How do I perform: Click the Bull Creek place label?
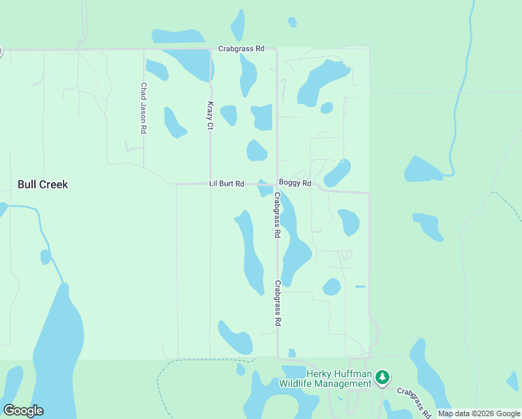point(43,184)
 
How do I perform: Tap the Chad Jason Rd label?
point(143,108)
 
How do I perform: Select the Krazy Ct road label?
point(209,115)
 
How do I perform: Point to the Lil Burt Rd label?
point(226,184)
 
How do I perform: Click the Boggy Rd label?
point(294,183)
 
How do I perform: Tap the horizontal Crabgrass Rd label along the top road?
point(241,49)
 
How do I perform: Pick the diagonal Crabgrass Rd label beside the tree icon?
point(413,402)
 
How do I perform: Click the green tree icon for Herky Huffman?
point(382,378)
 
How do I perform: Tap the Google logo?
point(23,410)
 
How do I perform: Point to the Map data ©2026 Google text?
point(479,413)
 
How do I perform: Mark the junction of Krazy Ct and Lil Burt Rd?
point(211,184)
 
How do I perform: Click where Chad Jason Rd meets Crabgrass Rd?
point(144,50)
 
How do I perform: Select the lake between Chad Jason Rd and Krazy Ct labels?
point(174,122)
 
